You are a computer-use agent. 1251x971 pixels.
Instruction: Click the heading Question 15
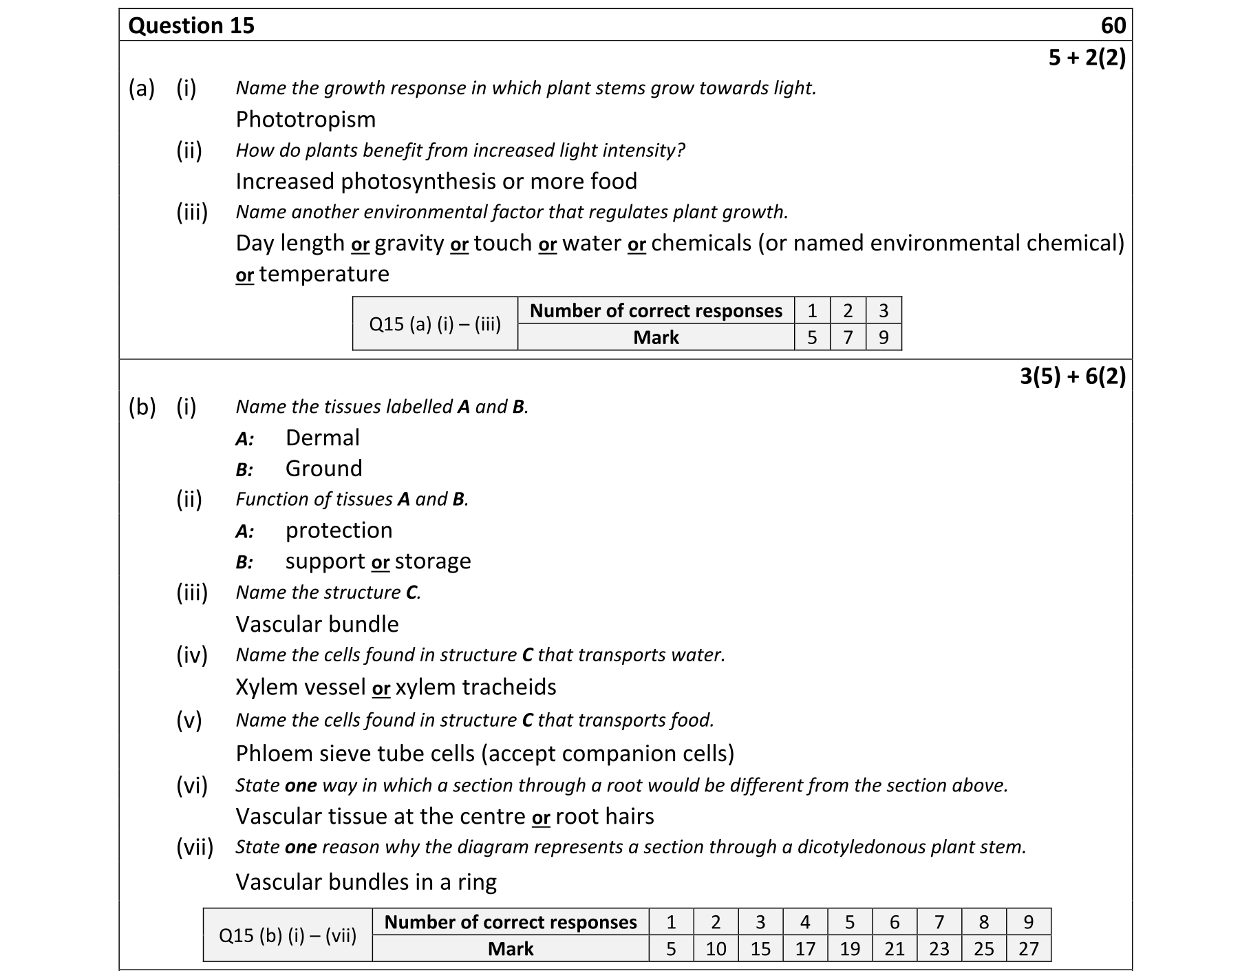click(191, 26)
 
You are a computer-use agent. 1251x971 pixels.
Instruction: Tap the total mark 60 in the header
click(1113, 26)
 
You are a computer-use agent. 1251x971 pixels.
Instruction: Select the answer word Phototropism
click(306, 120)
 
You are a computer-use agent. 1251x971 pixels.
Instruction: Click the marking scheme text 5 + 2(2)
click(1087, 58)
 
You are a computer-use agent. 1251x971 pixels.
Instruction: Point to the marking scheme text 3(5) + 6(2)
click(1072, 376)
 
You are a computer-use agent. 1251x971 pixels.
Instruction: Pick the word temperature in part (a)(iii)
click(324, 274)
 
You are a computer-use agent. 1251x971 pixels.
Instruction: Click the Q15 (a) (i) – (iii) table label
click(435, 324)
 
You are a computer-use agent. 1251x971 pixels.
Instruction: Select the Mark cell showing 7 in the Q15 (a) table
click(848, 337)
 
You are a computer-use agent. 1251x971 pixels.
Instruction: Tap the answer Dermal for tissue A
click(322, 438)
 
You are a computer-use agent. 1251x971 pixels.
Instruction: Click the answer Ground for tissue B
click(323, 469)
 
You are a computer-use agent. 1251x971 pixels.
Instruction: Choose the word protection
click(339, 531)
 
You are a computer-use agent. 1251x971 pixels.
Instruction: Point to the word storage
click(433, 562)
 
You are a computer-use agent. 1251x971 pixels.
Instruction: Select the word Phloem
click(275, 754)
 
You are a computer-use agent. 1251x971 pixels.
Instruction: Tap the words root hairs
click(605, 817)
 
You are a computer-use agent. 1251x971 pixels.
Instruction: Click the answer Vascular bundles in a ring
click(366, 882)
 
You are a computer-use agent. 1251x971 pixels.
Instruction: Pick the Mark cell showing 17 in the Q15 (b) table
click(804, 949)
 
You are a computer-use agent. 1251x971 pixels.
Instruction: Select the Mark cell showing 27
click(1028, 949)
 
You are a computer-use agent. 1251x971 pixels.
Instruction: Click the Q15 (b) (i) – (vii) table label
click(288, 935)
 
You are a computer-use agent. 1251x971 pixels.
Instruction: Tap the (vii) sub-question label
click(195, 847)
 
